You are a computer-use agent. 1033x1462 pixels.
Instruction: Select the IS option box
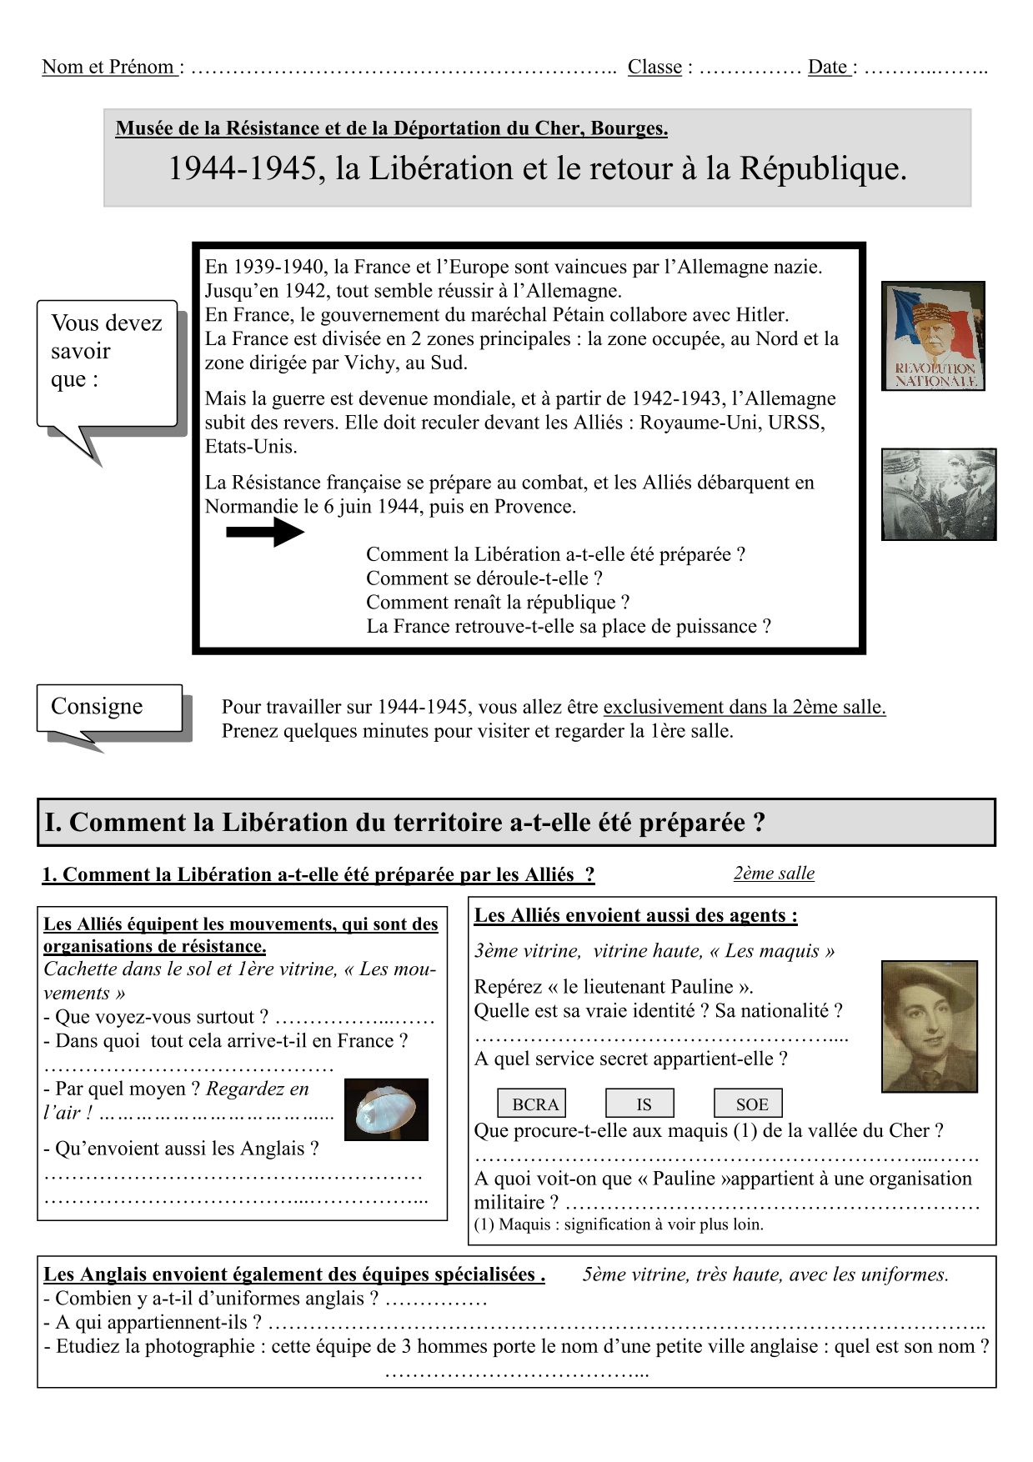(639, 1104)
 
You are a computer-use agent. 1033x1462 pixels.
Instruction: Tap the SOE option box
(748, 1104)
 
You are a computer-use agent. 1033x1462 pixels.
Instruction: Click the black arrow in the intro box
(265, 532)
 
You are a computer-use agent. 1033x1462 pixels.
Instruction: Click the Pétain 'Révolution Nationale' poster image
(933, 336)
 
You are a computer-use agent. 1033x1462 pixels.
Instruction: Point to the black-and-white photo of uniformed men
(939, 494)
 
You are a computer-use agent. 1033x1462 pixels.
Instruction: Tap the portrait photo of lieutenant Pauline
(930, 1026)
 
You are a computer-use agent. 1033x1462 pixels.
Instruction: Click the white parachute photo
(386, 1109)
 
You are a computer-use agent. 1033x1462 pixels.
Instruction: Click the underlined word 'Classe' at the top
(654, 67)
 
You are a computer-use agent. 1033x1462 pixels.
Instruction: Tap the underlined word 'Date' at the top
(828, 67)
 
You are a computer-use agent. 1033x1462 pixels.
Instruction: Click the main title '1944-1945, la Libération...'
(537, 169)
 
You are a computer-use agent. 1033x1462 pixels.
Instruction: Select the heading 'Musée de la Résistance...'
(391, 128)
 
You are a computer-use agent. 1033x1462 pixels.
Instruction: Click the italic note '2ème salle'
(774, 873)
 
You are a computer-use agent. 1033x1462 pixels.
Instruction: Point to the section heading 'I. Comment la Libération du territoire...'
(405, 823)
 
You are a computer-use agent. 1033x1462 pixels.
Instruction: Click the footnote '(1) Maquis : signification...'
(619, 1224)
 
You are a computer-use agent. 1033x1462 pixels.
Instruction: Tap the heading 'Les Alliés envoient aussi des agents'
(635, 915)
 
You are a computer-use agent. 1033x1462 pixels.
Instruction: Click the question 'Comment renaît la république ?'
(498, 602)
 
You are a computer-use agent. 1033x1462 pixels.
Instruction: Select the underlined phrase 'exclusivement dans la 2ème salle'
(744, 707)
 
